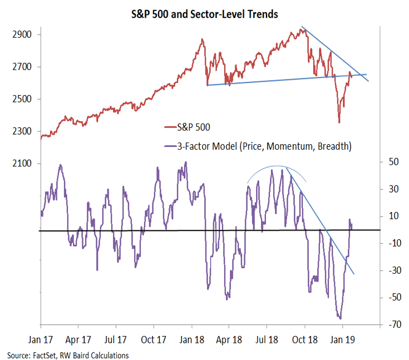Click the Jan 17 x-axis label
(x=41, y=338)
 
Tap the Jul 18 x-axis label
(x=267, y=338)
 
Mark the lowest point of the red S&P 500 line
(x=339, y=122)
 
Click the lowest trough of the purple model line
(x=340, y=319)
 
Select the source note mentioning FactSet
(x=67, y=355)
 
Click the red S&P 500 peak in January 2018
(x=202, y=40)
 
